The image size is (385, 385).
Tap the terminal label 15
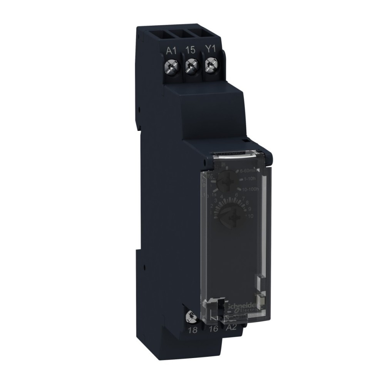[x=190, y=50]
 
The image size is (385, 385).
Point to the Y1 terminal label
[x=209, y=50]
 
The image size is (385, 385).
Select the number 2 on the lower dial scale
[x=211, y=206]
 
